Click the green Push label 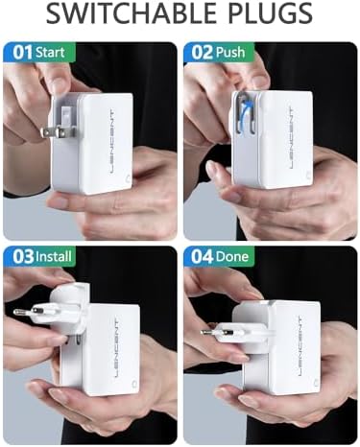click(231, 52)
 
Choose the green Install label click(55, 257)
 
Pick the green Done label click(232, 257)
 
